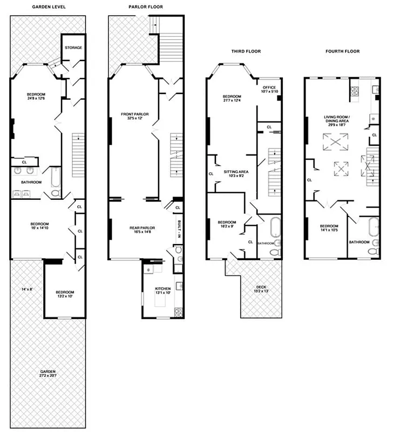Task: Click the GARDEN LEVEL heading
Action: click(x=49, y=7)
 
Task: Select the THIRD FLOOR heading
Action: click(x=246, y=51)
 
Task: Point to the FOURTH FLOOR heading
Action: click(x=343, y=51)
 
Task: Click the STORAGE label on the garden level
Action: click(x=73, y=48)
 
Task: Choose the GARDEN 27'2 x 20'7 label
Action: click(x=48, y=374)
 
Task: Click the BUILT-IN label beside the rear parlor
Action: click(x=178, y=228)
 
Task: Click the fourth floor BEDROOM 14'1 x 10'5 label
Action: click(x=329, y=227)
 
